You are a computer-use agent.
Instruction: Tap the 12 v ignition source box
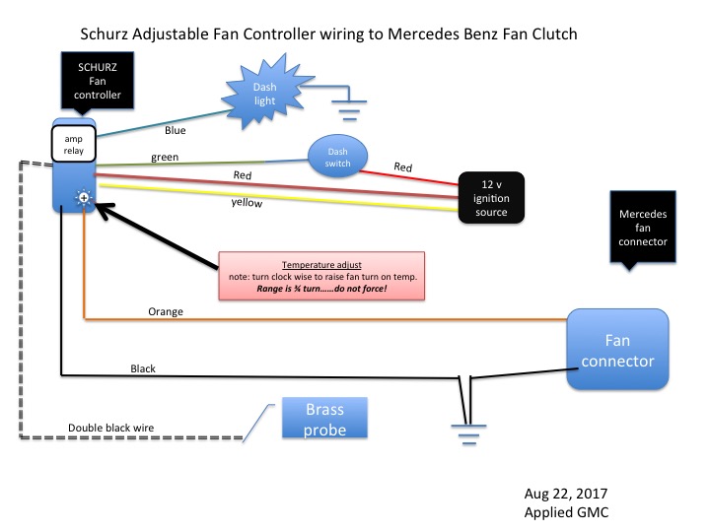(x=491, y=197)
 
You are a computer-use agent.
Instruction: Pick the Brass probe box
(x=323, y=418)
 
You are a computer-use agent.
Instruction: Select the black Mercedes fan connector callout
(x=643, y=228)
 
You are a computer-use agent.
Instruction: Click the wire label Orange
(x=165, y=311)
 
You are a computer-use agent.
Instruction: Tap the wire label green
(x=165, y=157)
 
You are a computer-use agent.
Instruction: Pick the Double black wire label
(x=109, y=428)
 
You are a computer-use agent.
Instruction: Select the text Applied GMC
(x=570, y=513)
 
